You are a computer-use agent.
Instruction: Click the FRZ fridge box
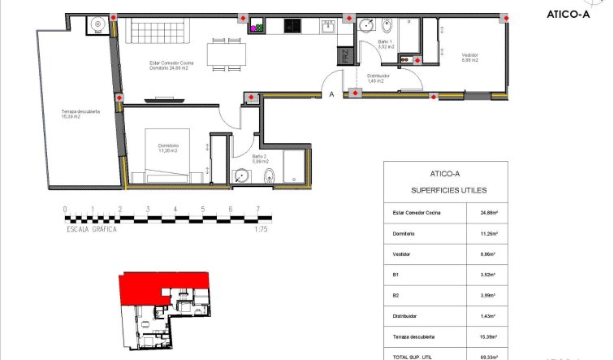pos(345,55)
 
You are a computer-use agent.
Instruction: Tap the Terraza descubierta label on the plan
pos(79,115)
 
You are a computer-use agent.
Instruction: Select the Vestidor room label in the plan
pos(470,57)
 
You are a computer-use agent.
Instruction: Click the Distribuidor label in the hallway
pos(378,78)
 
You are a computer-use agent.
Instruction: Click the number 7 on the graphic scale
pos(257,209)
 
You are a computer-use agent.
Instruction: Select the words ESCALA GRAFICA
pos(92,230)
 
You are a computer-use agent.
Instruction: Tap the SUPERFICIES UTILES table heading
pos(445,191)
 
